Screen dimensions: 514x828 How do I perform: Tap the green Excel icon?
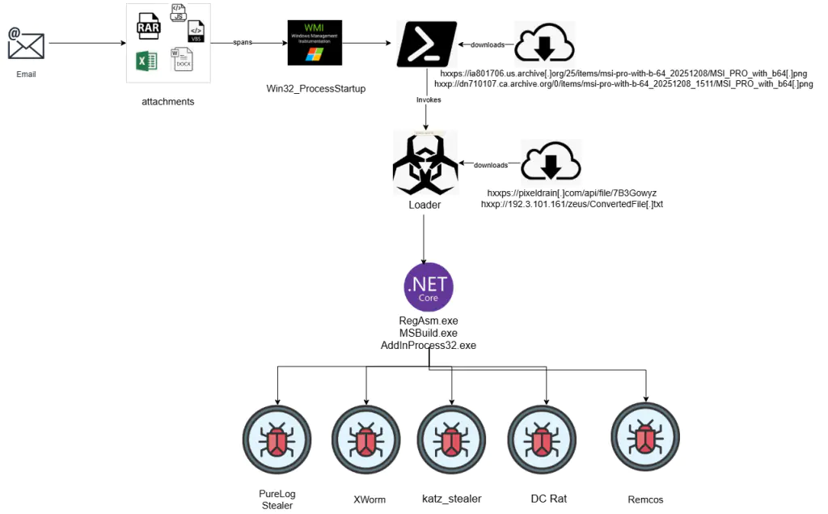click(x=146, y=61)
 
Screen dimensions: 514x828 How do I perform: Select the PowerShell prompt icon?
click(x=427, y=45)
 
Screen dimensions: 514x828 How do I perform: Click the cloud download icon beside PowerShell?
click(x=544, y=44)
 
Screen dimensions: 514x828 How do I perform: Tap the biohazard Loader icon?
click(x=425, y=164)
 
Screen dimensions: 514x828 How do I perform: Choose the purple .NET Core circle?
click(x=428, y=288)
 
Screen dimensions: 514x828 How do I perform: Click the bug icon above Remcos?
click(x=644, y=437)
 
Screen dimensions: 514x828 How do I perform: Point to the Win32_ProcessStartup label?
click(x=316, y=87)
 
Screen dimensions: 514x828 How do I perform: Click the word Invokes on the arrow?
click(x=429, y=100)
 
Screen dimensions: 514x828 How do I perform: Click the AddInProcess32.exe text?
click(x=428, y=345)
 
